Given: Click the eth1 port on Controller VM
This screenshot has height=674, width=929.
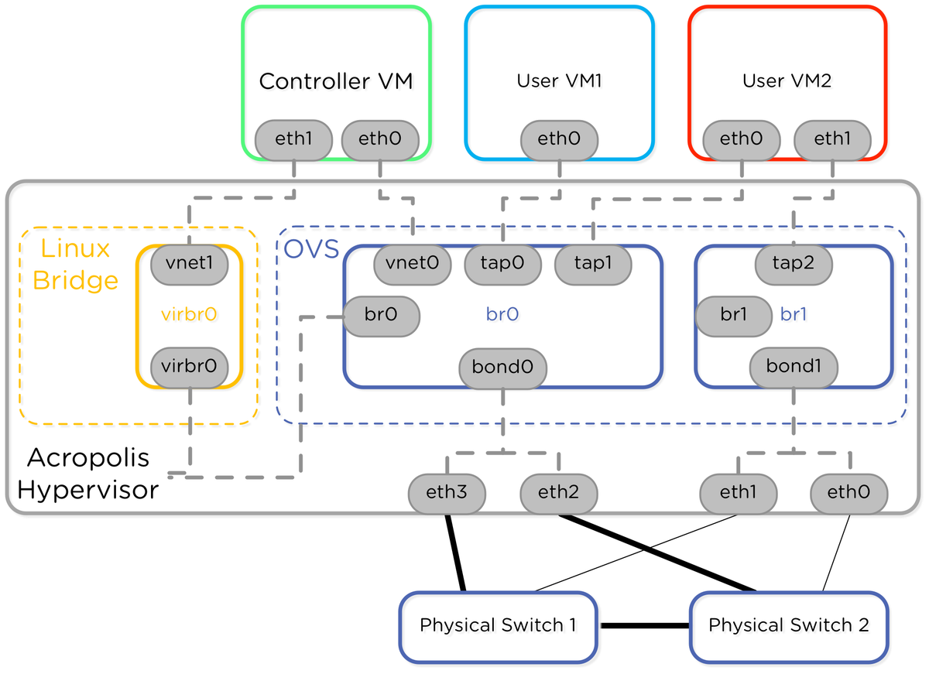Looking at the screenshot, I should tap(293, 140).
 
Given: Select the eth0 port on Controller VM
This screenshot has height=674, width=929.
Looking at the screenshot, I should tap(380, 140).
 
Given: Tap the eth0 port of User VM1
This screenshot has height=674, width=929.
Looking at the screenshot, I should tap(558, 140).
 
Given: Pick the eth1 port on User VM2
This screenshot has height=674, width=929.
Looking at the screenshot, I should tap(832, 140).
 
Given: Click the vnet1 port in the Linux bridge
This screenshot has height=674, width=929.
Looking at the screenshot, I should tap(190, 264).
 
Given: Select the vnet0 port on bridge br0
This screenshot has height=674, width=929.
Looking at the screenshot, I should tap(413, 264).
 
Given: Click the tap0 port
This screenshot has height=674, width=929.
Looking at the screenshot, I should tap(503, 264).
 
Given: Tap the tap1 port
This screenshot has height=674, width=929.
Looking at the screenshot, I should tap(593, 264).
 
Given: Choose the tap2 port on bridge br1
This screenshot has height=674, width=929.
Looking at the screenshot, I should tap(794, 264).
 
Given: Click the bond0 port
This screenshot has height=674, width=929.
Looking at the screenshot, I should tap(503, 367).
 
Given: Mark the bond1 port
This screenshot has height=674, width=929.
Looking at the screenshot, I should tap(794, 367).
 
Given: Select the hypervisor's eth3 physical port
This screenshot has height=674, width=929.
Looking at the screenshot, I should tap(447, 493).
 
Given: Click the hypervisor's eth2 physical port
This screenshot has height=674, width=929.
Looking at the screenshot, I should tap(558, 493).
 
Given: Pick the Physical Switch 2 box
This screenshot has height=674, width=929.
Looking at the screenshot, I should tap(789, 626).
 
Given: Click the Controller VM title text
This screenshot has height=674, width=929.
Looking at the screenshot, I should tap(335, 81).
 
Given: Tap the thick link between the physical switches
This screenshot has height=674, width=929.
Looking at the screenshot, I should tap(644, 626).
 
